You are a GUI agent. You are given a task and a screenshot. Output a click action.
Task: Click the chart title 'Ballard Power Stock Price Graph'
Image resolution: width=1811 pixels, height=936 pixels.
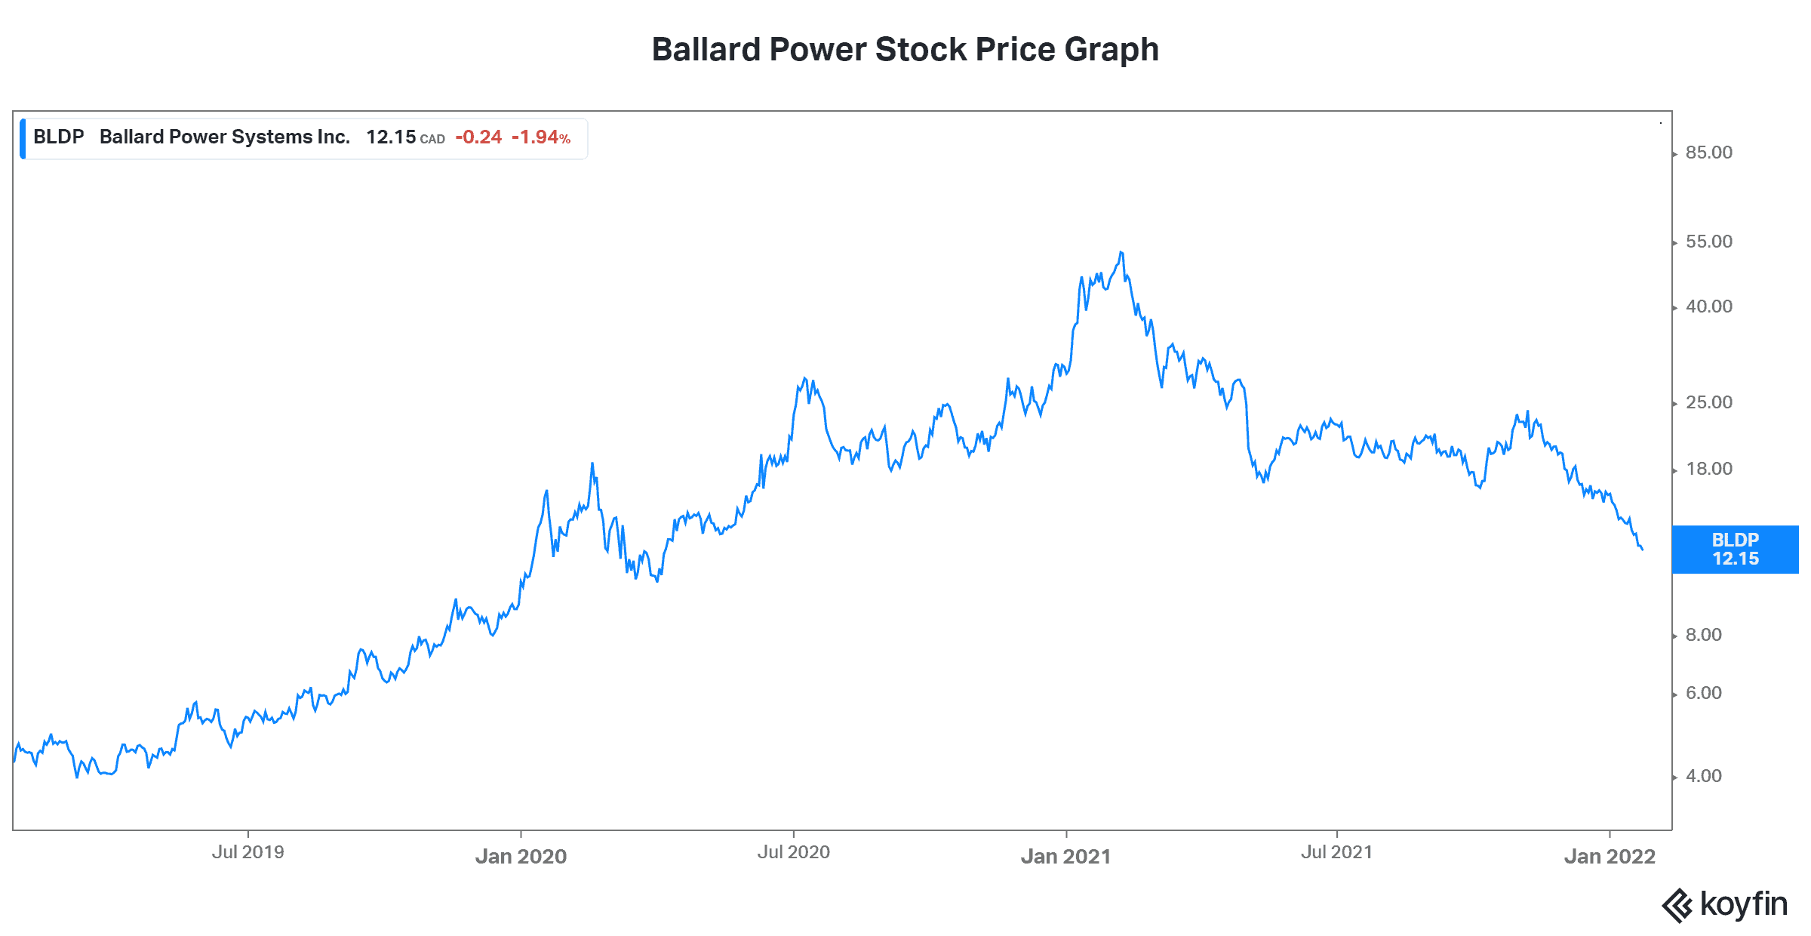(x=905, y=50)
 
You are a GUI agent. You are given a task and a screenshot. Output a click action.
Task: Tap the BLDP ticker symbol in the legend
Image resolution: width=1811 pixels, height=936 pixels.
(x=58, y=137)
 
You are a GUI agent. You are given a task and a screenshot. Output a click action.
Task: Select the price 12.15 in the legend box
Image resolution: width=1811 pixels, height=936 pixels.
(x=391, y=137)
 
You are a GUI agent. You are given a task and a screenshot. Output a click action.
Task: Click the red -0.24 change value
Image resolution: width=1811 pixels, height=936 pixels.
(x=478, y=137)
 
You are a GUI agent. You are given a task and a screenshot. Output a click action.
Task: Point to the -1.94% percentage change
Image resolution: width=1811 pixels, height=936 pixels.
(x=540, y=137)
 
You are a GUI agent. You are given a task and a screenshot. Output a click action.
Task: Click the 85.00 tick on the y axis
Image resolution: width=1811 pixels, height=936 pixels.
(x=1708, y=152)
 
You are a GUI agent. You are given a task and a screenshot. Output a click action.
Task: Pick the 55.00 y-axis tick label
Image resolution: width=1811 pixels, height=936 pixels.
(x=1708, y=242)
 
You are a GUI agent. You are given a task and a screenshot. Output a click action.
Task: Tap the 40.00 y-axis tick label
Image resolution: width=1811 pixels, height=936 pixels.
(x=1708, y=306)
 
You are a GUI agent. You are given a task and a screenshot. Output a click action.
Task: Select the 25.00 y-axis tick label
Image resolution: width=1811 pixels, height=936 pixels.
(x=1708, y=402)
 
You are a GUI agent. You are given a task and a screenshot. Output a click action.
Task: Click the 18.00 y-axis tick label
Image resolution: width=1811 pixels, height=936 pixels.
(x=1708, y=469)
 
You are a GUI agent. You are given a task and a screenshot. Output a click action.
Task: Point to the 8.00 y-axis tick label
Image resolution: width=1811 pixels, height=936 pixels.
(x=1703, y=635)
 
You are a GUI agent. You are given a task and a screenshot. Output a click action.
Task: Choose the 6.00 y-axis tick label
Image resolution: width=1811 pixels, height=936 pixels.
(x=1703, y=693)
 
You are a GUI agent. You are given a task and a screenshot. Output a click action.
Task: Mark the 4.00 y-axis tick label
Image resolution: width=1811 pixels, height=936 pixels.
(x=1703, y=776)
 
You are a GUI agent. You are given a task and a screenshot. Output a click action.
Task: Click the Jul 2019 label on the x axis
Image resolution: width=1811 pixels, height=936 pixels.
(x=248, y=852)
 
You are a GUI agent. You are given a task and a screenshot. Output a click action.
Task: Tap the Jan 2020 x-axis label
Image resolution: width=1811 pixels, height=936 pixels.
(x=521, y=857)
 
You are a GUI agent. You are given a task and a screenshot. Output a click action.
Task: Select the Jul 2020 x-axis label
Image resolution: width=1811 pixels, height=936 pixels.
(x=793, y=852)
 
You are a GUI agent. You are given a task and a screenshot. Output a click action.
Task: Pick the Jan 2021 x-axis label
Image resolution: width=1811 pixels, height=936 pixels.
(x=1065, y=857)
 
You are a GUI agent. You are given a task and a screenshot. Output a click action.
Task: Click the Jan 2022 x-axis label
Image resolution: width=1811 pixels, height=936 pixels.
(x=1610, y=857)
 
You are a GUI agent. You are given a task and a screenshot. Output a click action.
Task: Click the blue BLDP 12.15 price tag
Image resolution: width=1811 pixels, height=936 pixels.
(x=1735, y=550)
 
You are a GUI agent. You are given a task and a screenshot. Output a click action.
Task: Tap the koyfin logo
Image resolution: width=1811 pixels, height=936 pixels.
(x=1725, y=904)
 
